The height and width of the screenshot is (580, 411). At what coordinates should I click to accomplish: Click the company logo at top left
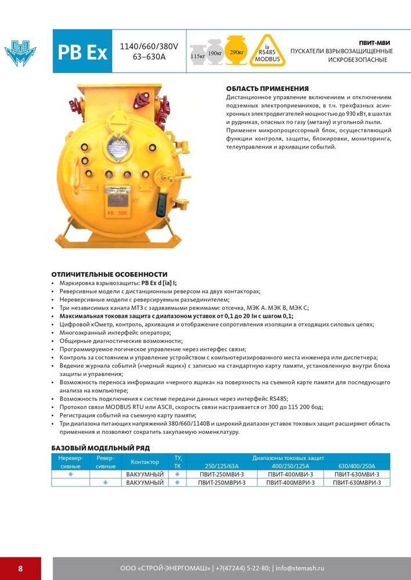point(20,53)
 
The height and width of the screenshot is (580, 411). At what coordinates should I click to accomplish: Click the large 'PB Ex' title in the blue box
point(82,52)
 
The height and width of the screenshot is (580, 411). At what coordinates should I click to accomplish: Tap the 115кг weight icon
point(197,52)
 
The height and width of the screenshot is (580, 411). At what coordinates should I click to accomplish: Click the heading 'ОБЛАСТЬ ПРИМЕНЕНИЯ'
point(267,88)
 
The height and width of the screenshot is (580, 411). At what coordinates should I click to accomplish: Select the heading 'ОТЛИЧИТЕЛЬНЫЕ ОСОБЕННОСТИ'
point(109,274)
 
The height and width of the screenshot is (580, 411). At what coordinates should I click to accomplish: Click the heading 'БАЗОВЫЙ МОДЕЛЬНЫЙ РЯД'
point(100,448)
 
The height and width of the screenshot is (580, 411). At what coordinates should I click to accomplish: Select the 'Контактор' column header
point(145,462)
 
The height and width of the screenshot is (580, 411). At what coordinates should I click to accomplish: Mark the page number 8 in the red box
point(20,568)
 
